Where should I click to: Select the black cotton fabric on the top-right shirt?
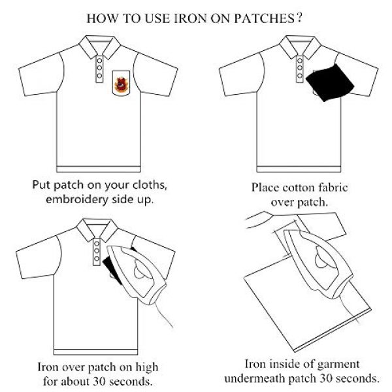(330, 82)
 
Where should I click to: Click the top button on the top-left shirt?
(99, 61)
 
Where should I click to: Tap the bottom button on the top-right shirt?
(299, 76)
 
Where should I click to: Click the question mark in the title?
(299, 18)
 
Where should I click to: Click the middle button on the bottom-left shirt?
(97, 251)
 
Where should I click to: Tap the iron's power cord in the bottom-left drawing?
(163, 314)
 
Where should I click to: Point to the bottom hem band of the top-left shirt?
(99, 169)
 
